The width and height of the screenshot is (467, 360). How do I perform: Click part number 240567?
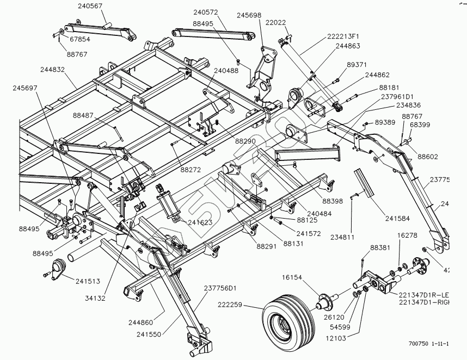click(x=90, y=6)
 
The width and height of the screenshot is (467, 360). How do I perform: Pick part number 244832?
click(x=52, y=70)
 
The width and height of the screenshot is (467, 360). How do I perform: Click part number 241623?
click(x=201, y=222)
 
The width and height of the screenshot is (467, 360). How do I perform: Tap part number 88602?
click(x=428, y=157)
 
